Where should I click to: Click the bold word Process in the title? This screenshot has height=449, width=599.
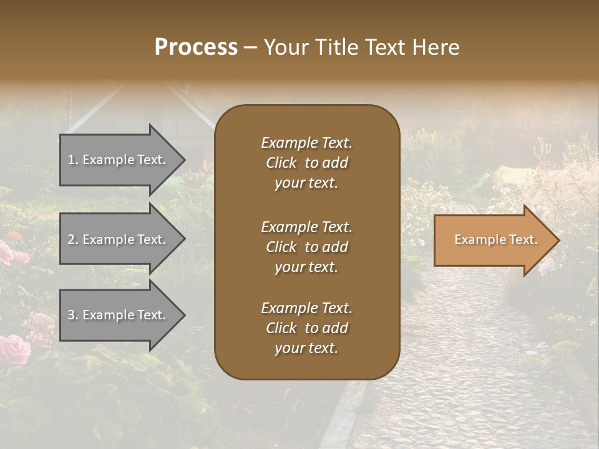point(196,47)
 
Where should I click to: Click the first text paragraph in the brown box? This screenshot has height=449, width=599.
point(306,163)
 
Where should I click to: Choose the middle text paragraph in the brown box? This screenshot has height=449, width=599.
point(306,247)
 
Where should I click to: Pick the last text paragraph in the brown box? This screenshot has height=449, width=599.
point(306,328)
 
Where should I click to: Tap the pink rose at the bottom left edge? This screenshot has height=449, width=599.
point(14,349)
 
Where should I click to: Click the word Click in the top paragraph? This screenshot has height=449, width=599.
point(281,163)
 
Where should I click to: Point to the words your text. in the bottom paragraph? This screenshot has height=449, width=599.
point(306,348)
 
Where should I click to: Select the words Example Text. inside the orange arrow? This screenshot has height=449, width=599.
point(495,239)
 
